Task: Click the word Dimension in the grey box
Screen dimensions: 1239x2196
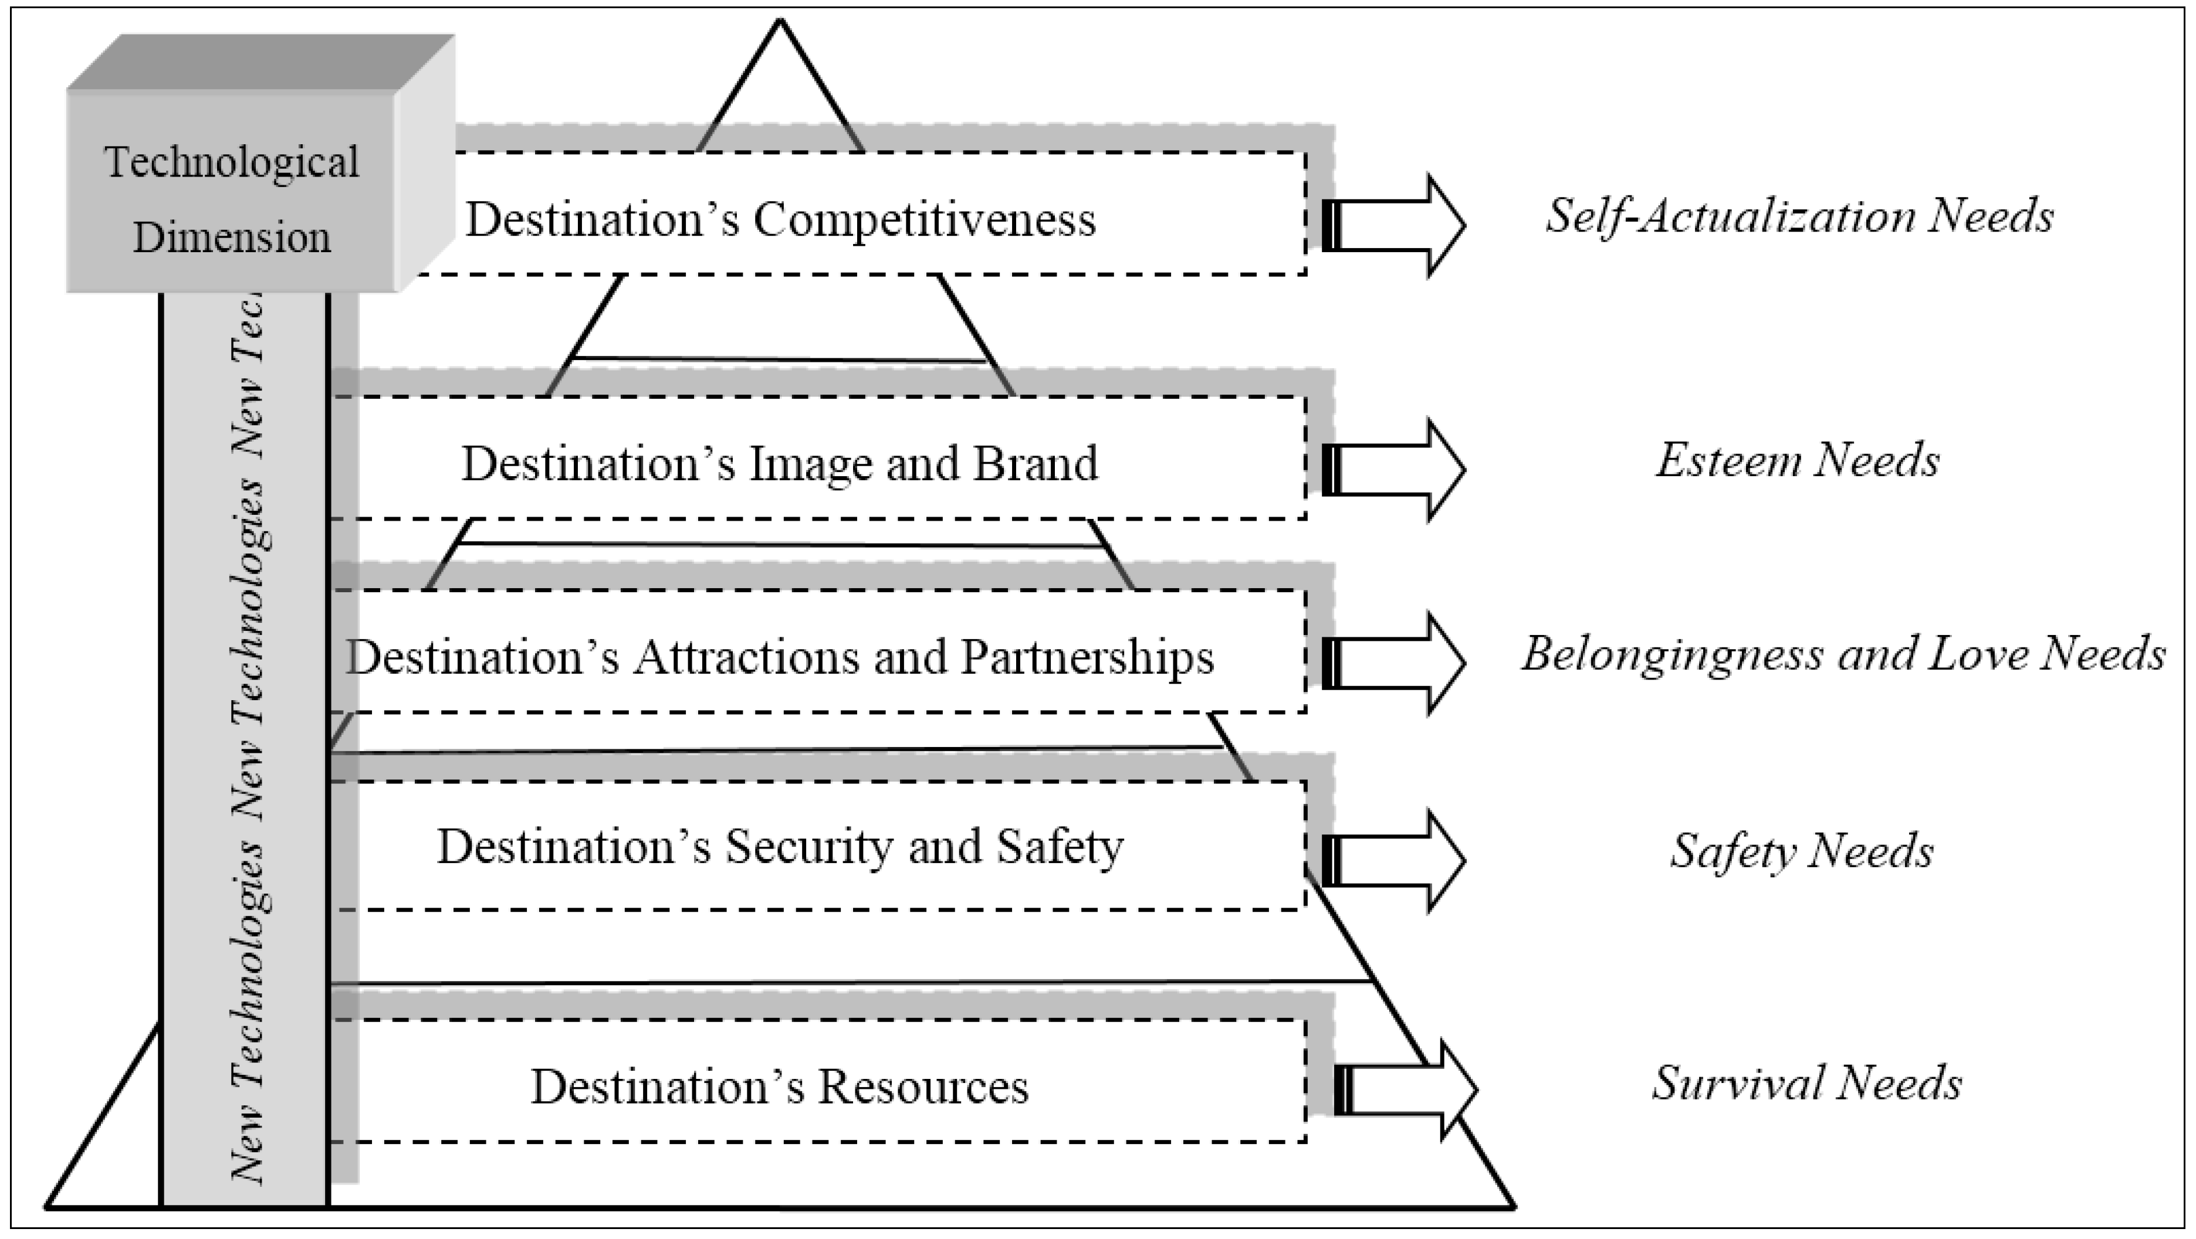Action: pyautogui.click(x=232, y=237)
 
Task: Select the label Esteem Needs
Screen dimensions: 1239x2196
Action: pyautogui.click(x=1798, y=461)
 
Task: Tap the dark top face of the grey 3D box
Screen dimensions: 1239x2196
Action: pyautogui.click(x=260, y=62)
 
